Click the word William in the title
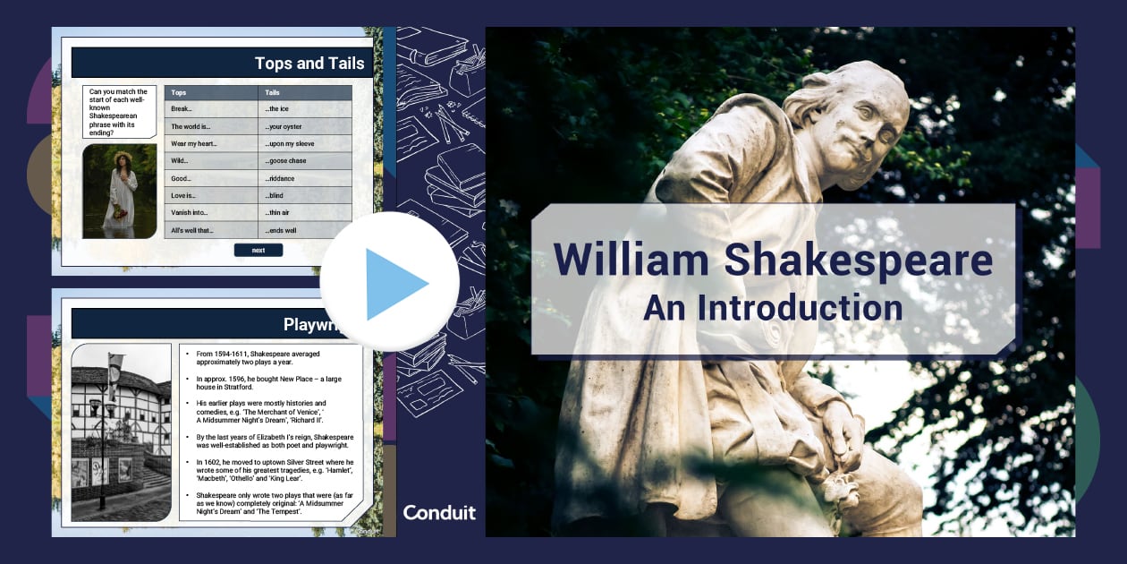(x=631, y=259)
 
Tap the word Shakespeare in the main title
(x=859, y=259)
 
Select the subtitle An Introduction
(x=773, y=308)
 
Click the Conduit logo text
(x=439, y=512)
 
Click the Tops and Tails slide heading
(x=309, y=63)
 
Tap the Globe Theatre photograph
(x=121, y=432)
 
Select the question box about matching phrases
(x=119, y=111)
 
